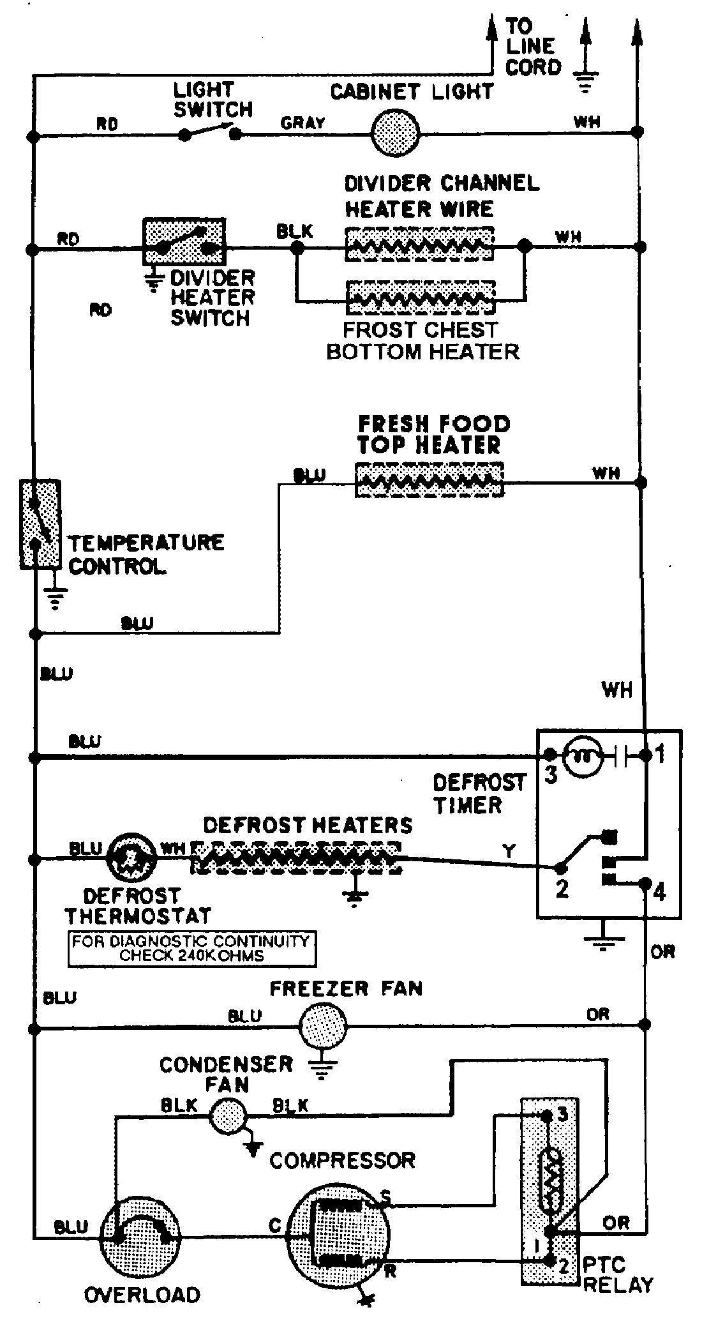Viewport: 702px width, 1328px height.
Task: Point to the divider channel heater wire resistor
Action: click(419, 244)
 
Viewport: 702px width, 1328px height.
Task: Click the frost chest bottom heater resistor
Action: click(419, 297)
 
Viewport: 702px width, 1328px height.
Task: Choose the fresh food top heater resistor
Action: click(429, 479)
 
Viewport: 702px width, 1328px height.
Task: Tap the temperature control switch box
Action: click(40, 524)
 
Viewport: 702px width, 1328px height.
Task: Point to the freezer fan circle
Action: click(323, 1027)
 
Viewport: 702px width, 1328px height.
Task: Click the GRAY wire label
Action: click(302, 123)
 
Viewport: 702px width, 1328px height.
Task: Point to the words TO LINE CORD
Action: click(532, 47)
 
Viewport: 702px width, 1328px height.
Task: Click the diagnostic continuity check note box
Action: click(191, 948)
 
